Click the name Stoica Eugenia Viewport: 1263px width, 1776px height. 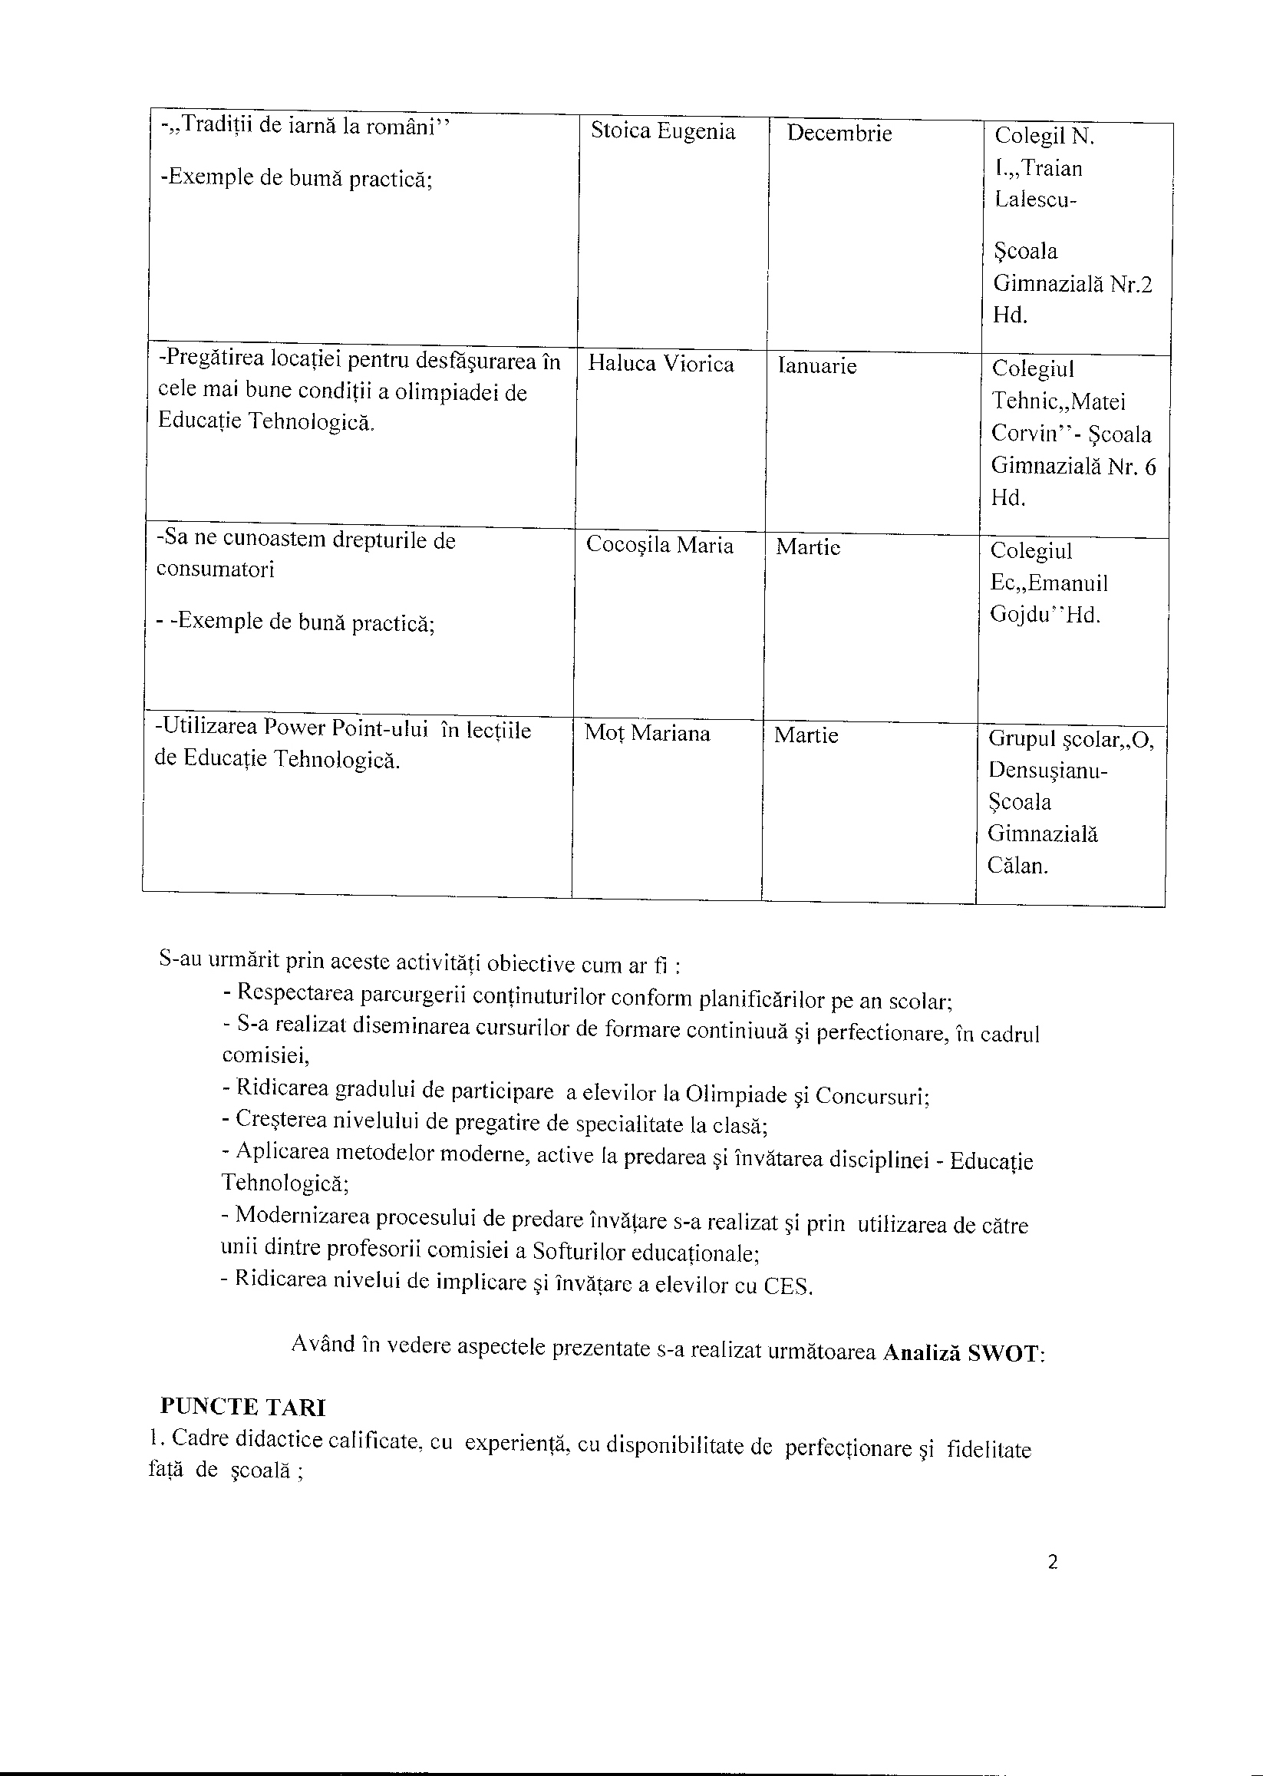pyautogui.click(x=663, y=130)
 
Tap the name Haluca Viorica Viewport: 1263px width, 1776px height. pyautogui.click(x=661, y=364)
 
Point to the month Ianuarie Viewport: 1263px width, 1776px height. pyautogui.click(x=816, y=365)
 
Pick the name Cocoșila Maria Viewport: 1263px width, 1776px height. pyautogui.click(x=659, y=546)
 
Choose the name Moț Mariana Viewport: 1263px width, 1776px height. pyautogui.click(x=647, y=733)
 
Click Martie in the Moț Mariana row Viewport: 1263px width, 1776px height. pyautogui.click(x=806, y=735)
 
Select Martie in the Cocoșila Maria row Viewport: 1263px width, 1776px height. pyautogui.click(x=808, y=547)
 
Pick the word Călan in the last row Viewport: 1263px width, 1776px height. pyautogui.click(x=1017, y=866)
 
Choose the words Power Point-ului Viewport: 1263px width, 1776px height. pyautogui.click(x=346, y=729)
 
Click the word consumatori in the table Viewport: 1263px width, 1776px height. pyautogui.click(x=216, y=569)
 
